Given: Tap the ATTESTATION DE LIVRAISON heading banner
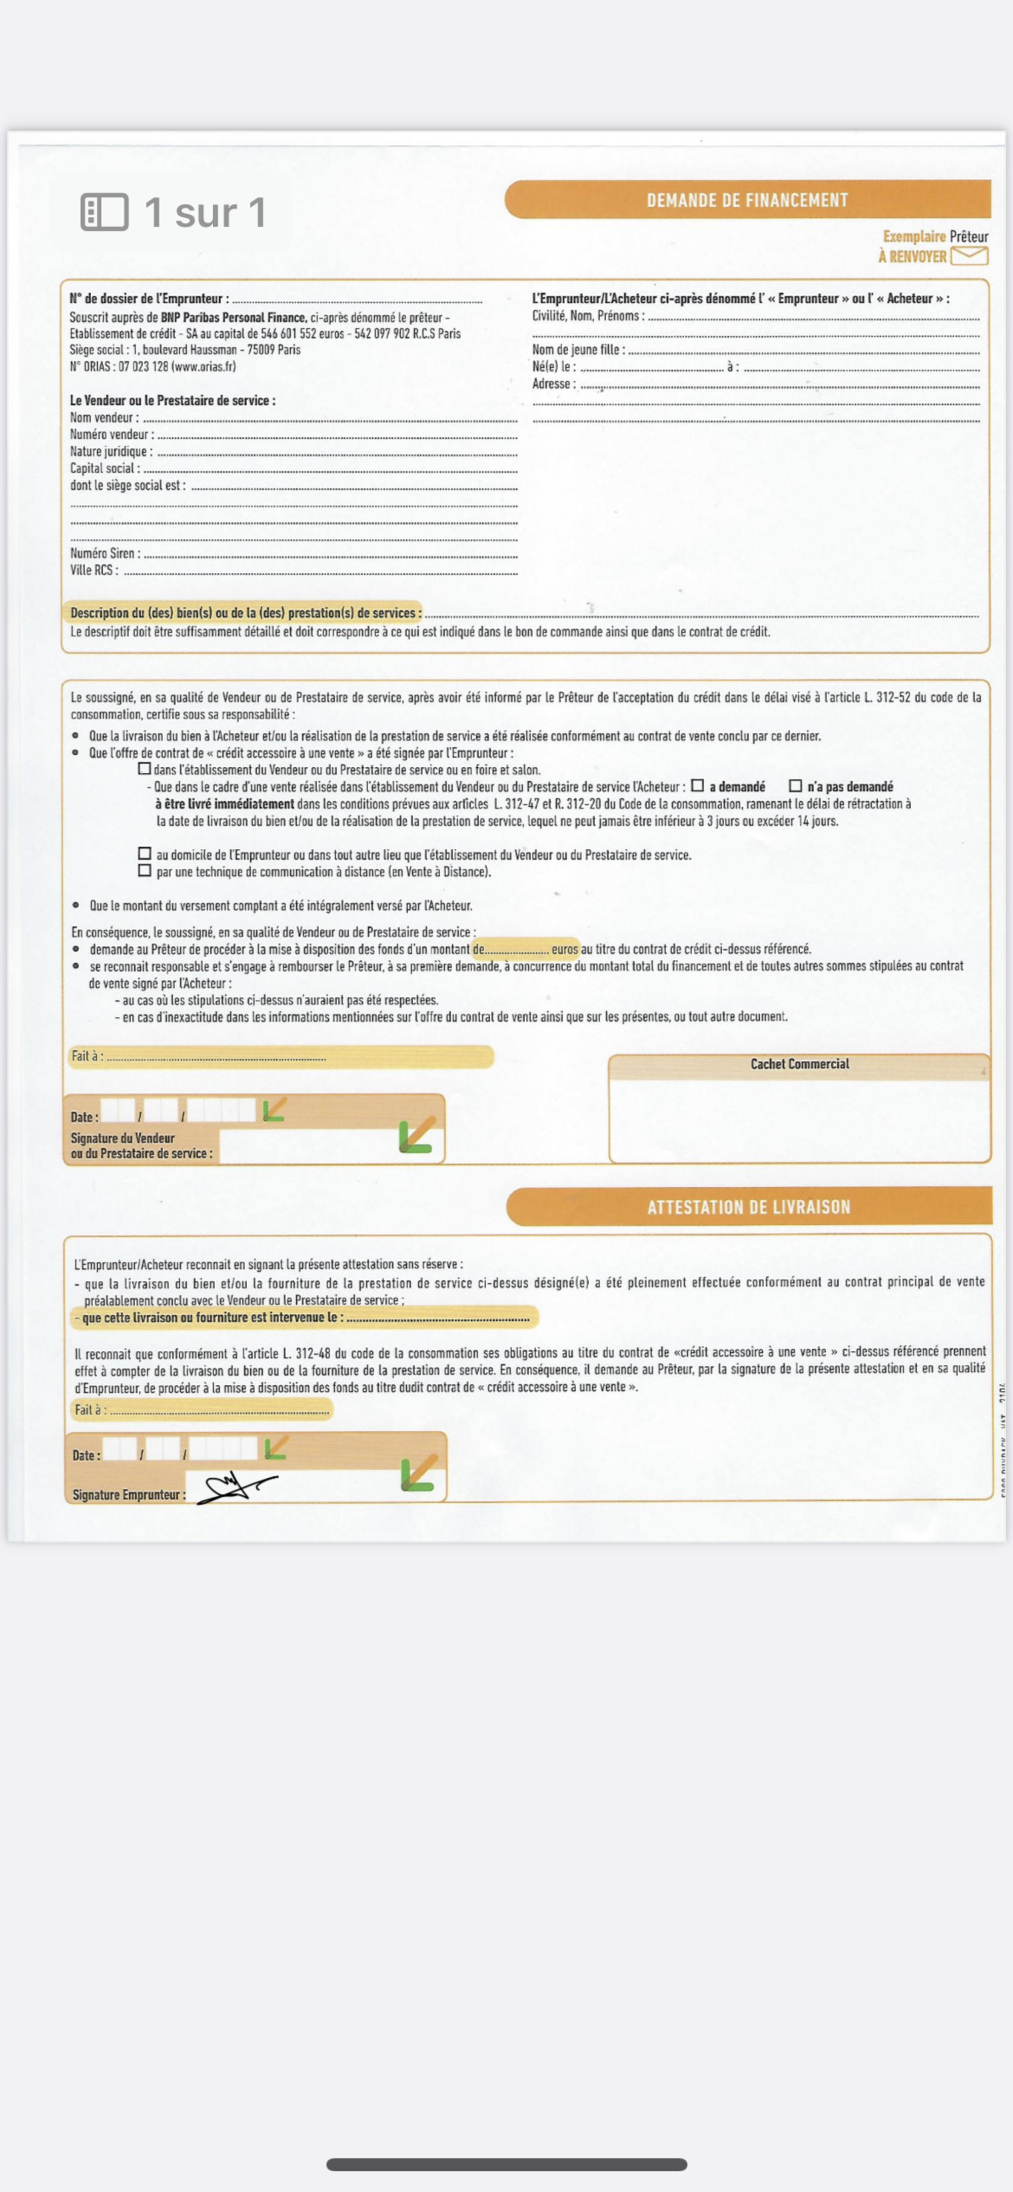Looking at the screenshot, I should click(748, 1206).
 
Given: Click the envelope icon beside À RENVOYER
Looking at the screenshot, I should click(969, 255).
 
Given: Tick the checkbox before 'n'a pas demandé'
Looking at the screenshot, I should click(796, 786).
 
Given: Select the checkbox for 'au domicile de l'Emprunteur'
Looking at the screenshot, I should click(145, 853).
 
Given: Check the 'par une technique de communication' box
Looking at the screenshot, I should click(145, 871).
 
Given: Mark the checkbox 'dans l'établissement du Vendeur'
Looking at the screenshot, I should click(145, 768).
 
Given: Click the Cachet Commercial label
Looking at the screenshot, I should click(799, 1064).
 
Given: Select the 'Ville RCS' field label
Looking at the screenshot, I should click(94, 570).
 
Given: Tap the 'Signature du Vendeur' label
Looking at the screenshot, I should click(123, 1138).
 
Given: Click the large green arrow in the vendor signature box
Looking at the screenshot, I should click(417, 1135).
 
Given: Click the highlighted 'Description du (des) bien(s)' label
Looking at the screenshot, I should click(245, 613).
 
